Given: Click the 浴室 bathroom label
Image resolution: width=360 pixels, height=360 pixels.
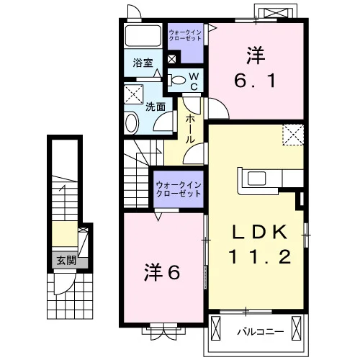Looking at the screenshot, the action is click(143, 63).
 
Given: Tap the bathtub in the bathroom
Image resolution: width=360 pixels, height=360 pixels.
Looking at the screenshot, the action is click(143, 35).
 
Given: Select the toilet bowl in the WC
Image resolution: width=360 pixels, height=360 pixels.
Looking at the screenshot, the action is click(178, 80).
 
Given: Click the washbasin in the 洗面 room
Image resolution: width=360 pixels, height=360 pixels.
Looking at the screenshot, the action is click(131, 123).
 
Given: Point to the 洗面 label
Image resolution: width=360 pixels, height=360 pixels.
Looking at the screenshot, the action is click(156, 107).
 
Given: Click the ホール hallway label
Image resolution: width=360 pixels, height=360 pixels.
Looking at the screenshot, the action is click(190, 129).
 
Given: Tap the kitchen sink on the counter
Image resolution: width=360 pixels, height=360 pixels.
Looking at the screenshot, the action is click(256, 179).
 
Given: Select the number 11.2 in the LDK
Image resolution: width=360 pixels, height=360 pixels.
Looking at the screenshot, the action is click(260, 256).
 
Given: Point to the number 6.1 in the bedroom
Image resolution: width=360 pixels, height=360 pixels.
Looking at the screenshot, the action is click(255, 81).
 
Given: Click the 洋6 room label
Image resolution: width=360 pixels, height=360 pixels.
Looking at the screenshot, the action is click(162, 272).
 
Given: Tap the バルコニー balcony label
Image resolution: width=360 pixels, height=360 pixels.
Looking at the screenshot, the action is click(261, 332).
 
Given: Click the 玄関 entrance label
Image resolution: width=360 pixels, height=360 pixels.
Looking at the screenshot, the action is click(66, 261).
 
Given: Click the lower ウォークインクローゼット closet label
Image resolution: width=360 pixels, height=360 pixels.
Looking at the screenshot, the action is click(179, 189).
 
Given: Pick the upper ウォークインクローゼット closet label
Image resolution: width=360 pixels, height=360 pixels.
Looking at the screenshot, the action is click(185, 35).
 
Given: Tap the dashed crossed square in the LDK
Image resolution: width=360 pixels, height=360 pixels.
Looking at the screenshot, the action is click(293, 135).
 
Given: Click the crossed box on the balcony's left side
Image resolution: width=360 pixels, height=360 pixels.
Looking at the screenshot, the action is click(215, 328).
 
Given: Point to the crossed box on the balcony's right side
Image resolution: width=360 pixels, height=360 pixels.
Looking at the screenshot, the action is click(296, 328).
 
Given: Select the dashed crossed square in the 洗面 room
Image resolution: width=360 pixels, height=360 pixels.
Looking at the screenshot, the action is click(133, 94).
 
